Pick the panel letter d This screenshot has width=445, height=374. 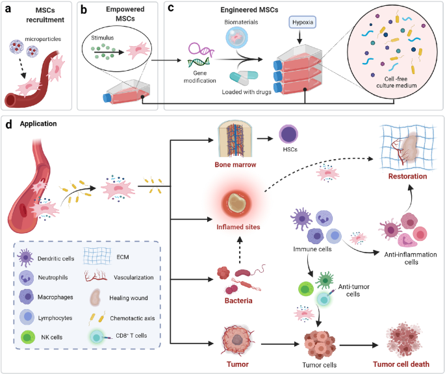tap(8, 124)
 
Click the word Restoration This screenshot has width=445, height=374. tap(407, 176)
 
